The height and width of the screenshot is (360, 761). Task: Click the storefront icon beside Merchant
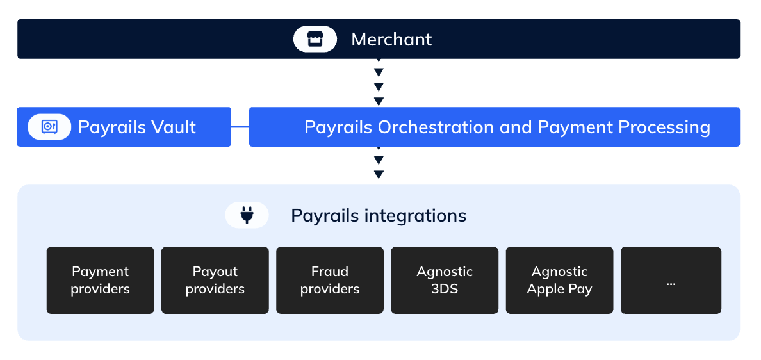pyautogui.click(x=315, y=39)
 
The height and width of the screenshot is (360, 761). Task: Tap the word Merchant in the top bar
pyautogui.click(x=391, y=39)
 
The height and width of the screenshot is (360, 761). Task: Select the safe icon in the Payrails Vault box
pyautogui.click(x=49, y=127)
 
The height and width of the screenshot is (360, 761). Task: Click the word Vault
pyautogui.click(x=174, y=127)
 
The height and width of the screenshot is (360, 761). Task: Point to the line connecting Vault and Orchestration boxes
pyautogui.click(x=240, y=127)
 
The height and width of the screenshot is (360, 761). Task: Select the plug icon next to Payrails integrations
pyautogui.click(x=247, y=215)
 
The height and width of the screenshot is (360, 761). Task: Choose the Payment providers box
pyautogui.click(x=100, y=280)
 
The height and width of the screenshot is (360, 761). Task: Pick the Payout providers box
pyautogui.click(x=215, y=280)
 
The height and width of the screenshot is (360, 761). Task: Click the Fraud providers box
pyautogui.click(x=330, y=280)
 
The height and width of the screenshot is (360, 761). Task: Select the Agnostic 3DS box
pyautogui.click(x=445, y=280)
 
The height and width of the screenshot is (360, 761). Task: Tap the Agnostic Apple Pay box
pyautogui.click(x=560, y=280)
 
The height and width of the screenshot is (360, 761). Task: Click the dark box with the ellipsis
pyautogui.click(x=671, y=280)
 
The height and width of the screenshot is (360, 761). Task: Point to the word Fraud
pyautogui.click(x=330, y=271)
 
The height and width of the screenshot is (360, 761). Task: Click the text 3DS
pyautogui.click(x=445, y=289)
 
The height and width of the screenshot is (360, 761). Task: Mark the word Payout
pyautogui.click(x=215, y=272)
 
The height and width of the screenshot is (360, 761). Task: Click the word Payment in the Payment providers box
pyautogui.click(x=100, y=272)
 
